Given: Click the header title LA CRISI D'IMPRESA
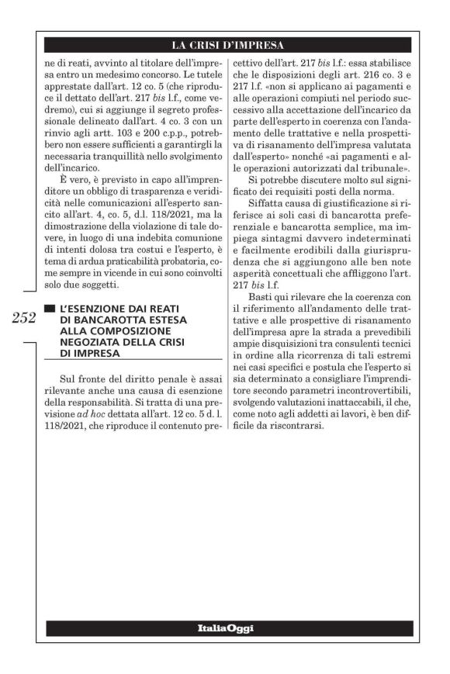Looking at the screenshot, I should point(227,44).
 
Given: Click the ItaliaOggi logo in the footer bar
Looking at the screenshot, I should point(225,627).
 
